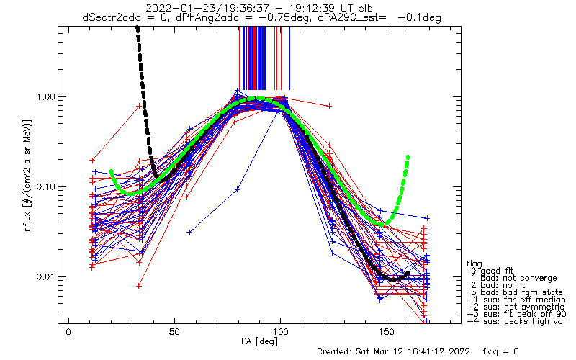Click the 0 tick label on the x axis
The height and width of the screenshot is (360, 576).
coord(68,332)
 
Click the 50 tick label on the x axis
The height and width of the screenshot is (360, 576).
coord(174,332)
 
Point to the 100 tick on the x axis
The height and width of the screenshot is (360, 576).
coord(281,332)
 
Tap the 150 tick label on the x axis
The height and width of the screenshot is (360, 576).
coord(387,332)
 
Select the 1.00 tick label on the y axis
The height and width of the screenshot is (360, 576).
coord(45,97)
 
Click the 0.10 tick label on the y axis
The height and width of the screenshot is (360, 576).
coord(45,187)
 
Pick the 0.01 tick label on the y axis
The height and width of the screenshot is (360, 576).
coord(45,277)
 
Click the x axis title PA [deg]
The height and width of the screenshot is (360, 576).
coord(260,341)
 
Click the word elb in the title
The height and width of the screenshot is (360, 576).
coord(364,8)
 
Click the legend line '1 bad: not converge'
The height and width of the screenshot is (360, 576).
coord(513,278)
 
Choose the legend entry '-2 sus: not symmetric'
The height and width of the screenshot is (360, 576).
coord(516,307)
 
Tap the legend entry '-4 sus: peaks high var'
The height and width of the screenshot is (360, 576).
coord(517,321)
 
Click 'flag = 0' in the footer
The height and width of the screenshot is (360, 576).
coord(500,351)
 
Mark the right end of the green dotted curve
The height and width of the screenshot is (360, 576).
coord(408,157)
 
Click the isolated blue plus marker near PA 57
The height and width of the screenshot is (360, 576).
coord(189,232)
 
